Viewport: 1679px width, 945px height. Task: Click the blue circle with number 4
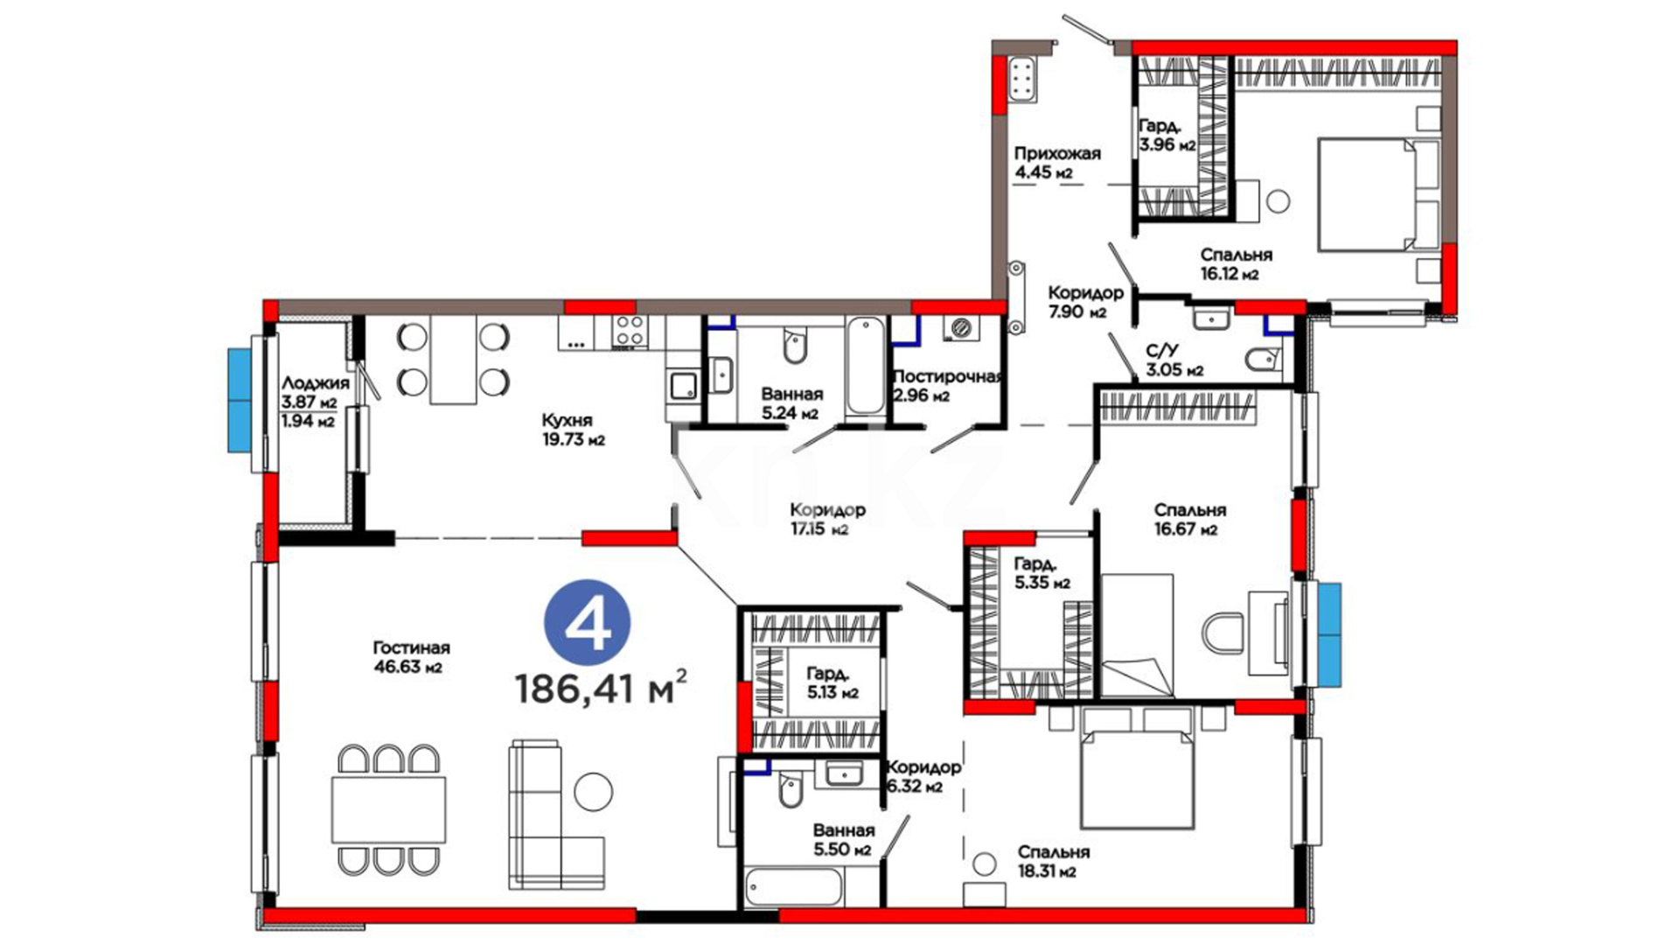pyautogui.click(x=587, y=622)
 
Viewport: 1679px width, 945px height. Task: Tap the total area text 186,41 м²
pyautogui.click(x=601, y=688)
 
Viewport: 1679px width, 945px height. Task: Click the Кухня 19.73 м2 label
pyautogui.click(x=573, y=430)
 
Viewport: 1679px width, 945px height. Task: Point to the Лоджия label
pyautogui.click(x=315, y=383)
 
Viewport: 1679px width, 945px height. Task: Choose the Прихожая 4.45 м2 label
pyautogui.click(x=1057, y=163)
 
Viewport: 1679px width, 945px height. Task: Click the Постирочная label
pyautogui.click(x=946, y=377)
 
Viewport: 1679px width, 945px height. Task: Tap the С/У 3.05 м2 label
pyautogui.click(x=1174, y=360)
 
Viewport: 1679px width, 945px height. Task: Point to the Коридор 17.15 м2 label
pyautogui.click(x=827, y=519)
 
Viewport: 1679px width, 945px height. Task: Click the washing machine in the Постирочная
pyautogui.click(x=961, y=327)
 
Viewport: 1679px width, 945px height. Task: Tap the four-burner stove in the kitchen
pyautogui.click(x=630, y=332)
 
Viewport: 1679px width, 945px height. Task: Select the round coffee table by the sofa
pyautogui.click(x=593, y=791)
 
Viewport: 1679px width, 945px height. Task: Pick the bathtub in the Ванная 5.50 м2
pyautogui.click(x=793, y=886)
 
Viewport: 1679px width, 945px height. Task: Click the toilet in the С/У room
pyautogui.click(x=1261, y=360)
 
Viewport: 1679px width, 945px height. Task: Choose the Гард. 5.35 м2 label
pyautogui.click(x=1042, y=573)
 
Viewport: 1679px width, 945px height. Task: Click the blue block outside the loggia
pyautogui.click(x=240, y=400)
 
